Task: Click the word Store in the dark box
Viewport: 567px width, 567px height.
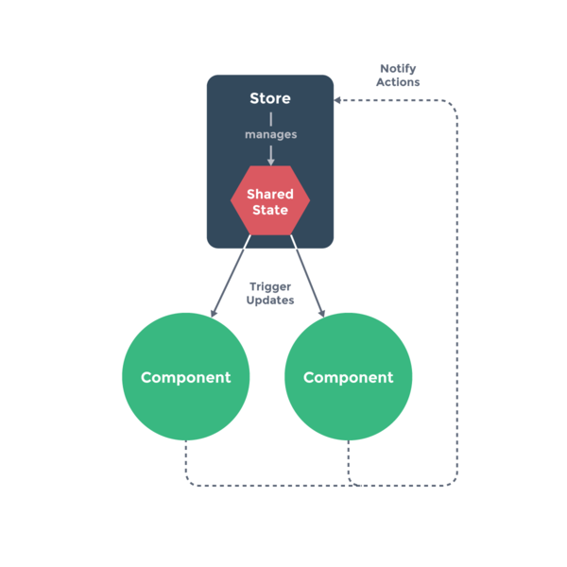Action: click(x=270, y=98)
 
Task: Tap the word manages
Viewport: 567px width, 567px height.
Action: click(x=270, y=134)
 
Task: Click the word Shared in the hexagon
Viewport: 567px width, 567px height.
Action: click(x=270, y=194)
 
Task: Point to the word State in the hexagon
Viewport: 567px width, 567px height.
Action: click(x=270, y=209)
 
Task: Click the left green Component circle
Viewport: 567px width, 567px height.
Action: click(x=185, y=377)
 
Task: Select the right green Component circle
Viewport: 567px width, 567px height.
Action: click(x=348, y=377)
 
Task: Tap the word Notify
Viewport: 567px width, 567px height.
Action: click(x=398, y=69)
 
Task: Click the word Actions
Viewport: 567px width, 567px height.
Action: click(x=398, y=82)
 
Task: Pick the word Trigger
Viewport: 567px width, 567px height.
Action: click(x=270, y=286)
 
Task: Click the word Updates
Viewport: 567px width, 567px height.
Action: click(x=270, y=301)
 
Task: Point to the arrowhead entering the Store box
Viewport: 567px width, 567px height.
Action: click(x=337, y=99)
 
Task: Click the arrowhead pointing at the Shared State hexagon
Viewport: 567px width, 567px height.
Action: click(x=270, y=162)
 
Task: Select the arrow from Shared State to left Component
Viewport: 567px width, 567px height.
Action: click(x=232, y=274)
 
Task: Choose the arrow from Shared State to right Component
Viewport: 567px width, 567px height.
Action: click(x=308, y=274)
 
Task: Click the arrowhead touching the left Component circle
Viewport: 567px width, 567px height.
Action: click(x=215, y=313)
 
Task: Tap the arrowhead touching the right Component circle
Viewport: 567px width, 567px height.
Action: click(x=321, y=313)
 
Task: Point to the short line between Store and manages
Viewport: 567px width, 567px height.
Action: click(x=270, y=119)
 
